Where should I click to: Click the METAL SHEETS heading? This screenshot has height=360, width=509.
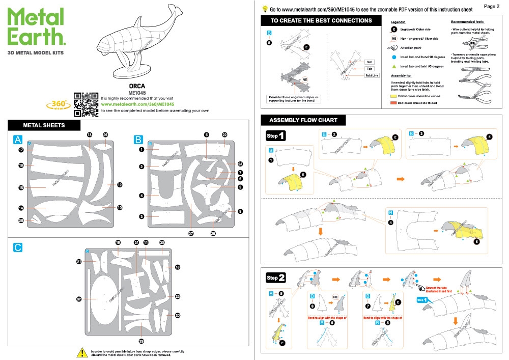click(x=44, y=125)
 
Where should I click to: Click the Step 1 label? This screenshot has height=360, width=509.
click(x=275, y=136)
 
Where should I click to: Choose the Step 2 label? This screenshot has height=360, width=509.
click(x=275, y=278)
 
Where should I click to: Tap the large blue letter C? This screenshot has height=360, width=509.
click(x=18, y=248)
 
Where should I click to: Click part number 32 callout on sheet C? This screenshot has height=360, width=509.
click(x=79, y=299)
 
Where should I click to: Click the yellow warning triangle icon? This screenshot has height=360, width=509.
click(x=81, y=352)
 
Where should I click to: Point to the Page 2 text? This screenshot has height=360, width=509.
click(x=491, y=7)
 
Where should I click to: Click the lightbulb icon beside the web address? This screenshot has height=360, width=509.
click(x=265, y=9)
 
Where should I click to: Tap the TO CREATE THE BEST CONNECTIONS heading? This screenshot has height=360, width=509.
click(x=321, y=21)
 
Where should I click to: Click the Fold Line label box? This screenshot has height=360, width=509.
click(x=372, y=75)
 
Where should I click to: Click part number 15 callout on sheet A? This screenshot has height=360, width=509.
click(x=21, y=188)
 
